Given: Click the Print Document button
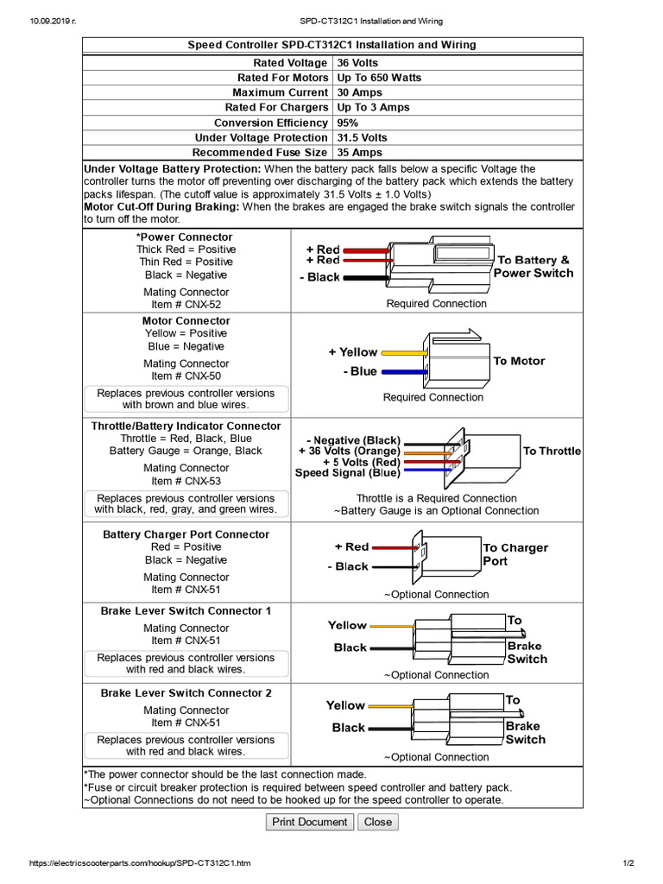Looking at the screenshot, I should (309, 822).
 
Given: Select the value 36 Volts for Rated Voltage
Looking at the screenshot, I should (357, 63).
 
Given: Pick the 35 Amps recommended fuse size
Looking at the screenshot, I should (359, 152).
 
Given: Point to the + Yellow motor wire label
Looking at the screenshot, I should (352, 352).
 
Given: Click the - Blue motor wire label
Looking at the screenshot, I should (360, 371).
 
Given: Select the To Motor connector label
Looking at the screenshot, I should (519, 361).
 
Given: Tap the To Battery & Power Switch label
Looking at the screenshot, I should (533, 267).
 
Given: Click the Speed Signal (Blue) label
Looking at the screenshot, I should (347, 473).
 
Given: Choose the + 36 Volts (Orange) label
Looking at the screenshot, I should (349, 451).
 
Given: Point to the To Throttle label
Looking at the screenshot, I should (552, 451).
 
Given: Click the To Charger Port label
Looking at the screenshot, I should (515, 554).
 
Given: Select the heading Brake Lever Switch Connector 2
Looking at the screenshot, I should (186, 692).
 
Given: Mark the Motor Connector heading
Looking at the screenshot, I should (186, 320).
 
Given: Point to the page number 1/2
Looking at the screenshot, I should (628, 863).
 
